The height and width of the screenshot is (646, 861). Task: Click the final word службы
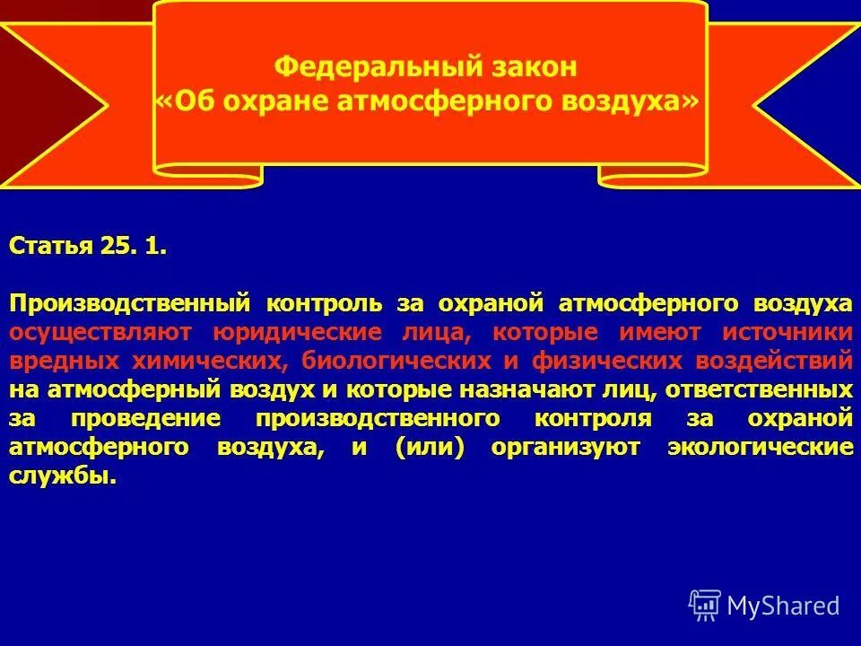(63, 476)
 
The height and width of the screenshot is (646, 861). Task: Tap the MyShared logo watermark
(764, 606)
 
